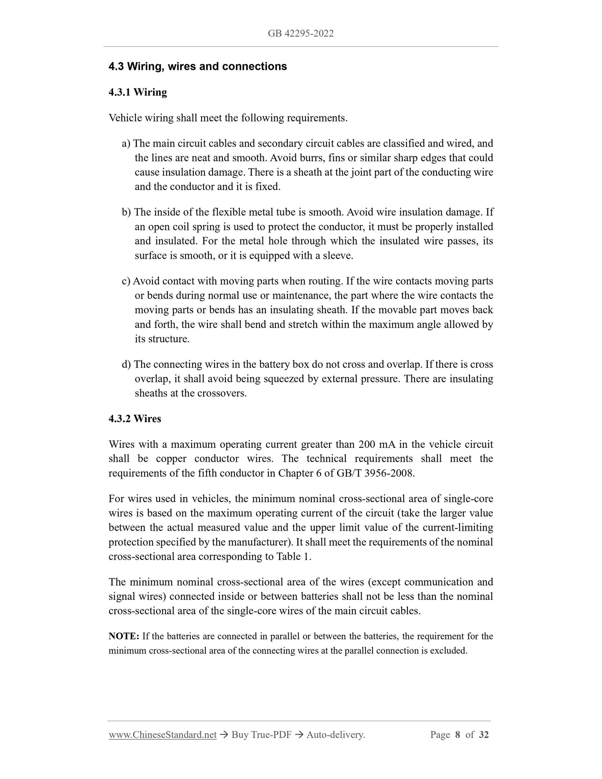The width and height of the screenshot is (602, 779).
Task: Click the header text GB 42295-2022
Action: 300,33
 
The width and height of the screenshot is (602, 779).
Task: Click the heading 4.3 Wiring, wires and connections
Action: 197,67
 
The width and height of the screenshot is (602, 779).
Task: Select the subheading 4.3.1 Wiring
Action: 137,92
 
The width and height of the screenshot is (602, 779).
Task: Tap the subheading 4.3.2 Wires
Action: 135,419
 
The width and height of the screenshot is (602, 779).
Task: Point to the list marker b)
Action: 126,212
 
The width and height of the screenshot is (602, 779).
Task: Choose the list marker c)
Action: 126,281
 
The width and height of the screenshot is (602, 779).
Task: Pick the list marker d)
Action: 126,365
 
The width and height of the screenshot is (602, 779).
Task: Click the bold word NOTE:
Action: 124,636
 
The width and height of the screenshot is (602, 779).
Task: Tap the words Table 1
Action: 293,557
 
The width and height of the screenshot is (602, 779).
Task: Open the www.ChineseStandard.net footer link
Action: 162,735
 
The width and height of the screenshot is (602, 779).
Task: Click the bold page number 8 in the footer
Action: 457,735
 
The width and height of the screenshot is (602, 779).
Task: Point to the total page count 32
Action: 484,735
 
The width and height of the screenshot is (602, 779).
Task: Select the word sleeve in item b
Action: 336,256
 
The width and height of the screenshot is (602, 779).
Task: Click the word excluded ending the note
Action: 451,651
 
